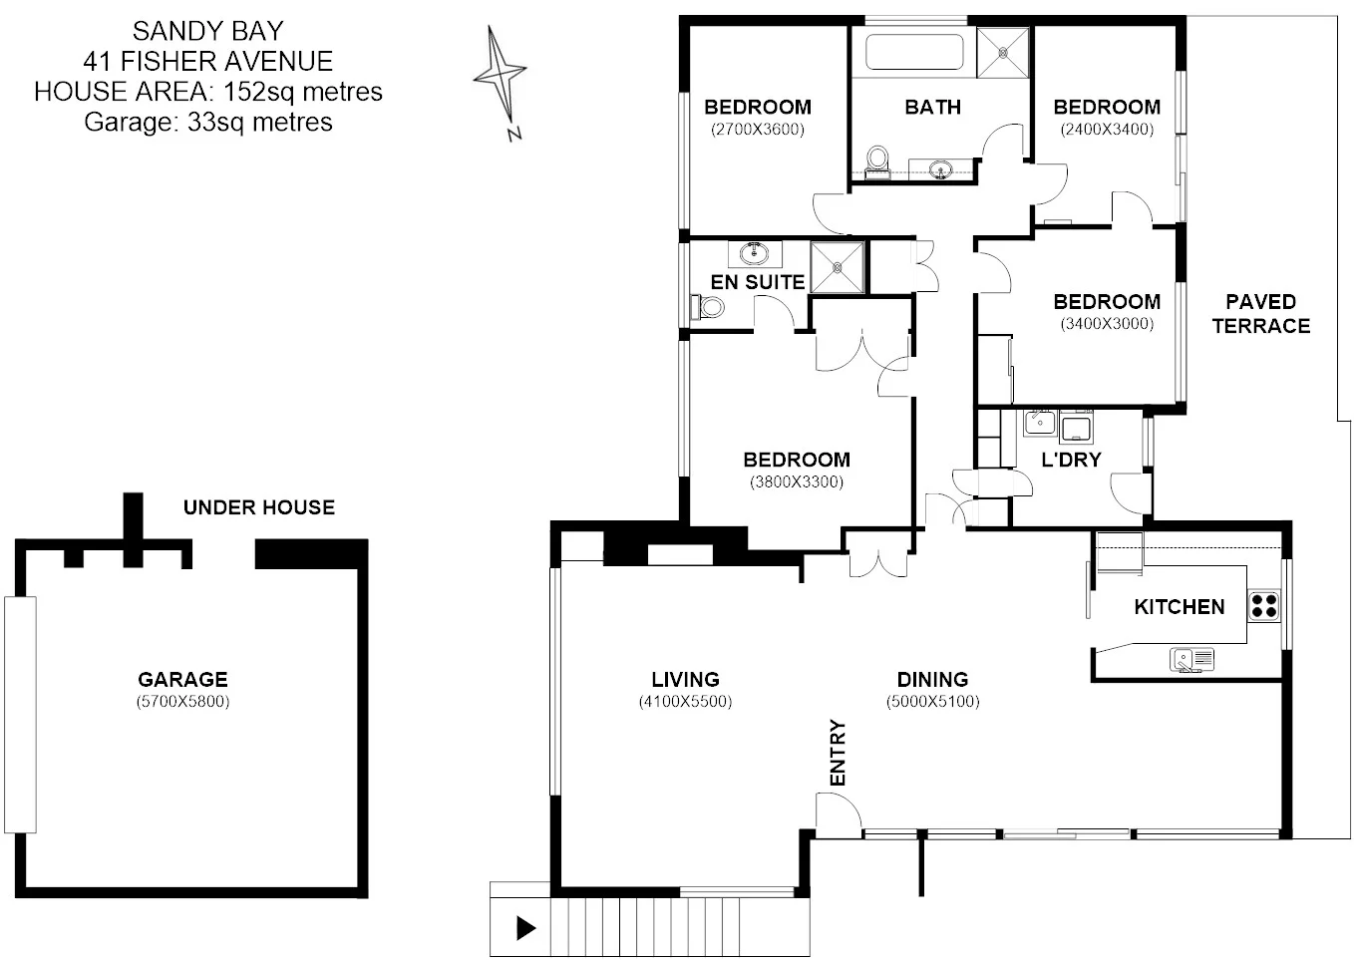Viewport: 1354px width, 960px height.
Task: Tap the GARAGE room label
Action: coord(182,680)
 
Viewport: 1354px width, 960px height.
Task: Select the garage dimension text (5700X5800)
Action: coord(182,702)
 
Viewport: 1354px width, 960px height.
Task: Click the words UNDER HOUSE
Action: coord(258,507)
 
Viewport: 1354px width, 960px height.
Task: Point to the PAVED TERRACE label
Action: coord(1260,313)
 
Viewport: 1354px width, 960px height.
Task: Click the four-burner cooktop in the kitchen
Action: coord(1264,605)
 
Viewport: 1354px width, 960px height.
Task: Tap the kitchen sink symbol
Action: coord(1192,659)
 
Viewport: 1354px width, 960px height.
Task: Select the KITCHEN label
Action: coord(1179,606)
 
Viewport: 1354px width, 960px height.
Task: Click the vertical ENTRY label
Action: coord(837,753)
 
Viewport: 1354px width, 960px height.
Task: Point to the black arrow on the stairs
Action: coord(525,929)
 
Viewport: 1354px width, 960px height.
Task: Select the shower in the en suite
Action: coord(837,267)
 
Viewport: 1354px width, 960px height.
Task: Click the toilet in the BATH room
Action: coord(877,160)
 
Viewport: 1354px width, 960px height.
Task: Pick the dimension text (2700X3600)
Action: coord(757,130)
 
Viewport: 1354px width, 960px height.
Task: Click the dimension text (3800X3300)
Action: coord(796,482)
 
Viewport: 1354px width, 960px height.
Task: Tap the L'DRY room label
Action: coord(1070,460)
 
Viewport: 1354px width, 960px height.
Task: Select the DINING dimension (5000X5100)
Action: coord(932,702)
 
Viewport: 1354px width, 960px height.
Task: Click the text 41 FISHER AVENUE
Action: coord(208,61)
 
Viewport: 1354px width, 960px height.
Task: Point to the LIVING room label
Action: coord(685,680)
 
